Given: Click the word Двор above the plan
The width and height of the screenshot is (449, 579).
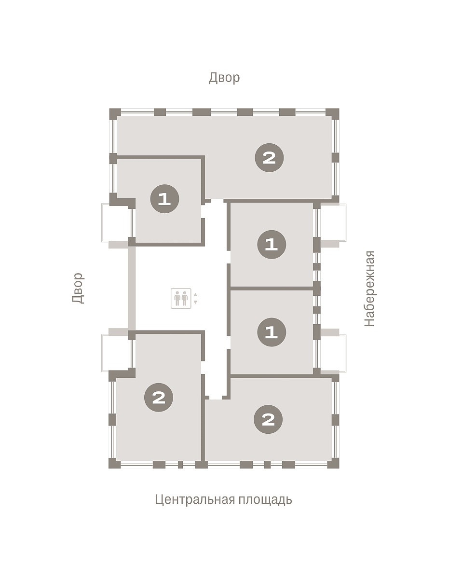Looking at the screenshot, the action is click(x=224, y=78).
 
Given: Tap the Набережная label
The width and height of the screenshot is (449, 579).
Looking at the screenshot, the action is click(x=369, y=289).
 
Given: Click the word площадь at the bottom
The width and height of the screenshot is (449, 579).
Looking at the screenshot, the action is click(x=265, y=499).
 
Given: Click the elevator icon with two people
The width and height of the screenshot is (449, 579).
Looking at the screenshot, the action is click(x=181, y=298).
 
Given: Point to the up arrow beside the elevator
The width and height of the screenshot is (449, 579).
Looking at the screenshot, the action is click(x=195, y=295).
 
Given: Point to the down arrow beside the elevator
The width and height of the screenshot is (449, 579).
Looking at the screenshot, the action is click(x=195, y=302).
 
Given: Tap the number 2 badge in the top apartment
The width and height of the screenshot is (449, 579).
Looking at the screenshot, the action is click(x=269, y=158).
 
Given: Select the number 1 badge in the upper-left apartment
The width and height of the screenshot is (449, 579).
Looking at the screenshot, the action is click(x=164, y=199).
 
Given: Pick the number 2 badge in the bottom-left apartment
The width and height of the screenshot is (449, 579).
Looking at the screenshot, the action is click(x=159, y=397).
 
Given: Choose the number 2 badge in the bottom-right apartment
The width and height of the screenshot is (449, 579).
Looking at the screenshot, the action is click(x=268, y=419).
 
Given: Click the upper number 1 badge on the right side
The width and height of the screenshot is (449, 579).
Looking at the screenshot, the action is click(x=272, y=244).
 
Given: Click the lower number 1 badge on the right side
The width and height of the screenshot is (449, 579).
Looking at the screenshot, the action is click(x=272, y=332).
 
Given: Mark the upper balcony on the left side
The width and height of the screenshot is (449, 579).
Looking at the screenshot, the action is click(x=115, y=222).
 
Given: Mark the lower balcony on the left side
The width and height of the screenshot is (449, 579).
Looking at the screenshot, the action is click(x=115, y=353).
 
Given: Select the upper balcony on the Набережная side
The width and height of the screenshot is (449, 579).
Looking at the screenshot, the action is click(x=333, y=222).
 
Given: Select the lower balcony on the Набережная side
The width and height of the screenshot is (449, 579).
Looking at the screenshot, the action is click(x=333, y=353).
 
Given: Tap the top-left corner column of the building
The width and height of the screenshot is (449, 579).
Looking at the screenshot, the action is click(x=115, y=114).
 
